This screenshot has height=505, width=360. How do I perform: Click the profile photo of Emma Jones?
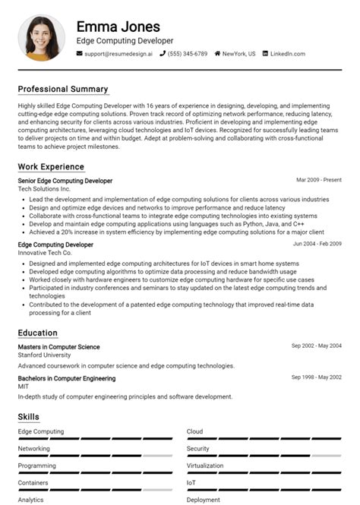41,37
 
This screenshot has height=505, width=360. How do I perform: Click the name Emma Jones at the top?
118,27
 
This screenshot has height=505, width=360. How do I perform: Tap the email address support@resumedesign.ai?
118,54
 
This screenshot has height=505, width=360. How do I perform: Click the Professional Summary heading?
63,89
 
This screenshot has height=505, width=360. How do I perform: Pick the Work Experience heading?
51,166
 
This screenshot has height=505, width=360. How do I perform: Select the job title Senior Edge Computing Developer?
65,181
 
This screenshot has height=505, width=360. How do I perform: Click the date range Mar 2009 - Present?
319,181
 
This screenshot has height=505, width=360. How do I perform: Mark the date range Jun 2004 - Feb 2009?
317,245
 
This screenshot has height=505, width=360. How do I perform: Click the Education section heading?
38,333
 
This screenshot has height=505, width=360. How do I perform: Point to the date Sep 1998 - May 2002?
317,377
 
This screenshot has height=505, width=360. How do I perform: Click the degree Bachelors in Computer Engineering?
67,378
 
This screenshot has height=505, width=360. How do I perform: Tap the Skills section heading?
29,416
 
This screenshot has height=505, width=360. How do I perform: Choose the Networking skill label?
34,449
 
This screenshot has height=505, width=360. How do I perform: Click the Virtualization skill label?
205,466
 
